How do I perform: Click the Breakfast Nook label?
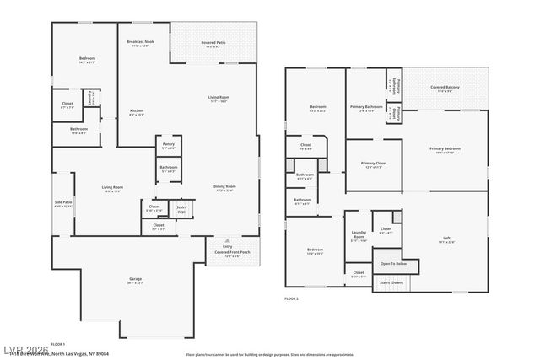[140, 43]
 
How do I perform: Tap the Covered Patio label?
[212, 43]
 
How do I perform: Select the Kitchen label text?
[137, 112]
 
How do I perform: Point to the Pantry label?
[169, 145]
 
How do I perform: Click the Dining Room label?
[224, 188]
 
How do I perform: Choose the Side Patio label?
[63, 203]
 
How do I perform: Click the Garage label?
[136, 280]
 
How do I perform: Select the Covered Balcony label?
[445, 88]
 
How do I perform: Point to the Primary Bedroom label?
[445, 150]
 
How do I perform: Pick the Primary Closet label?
[373, 164]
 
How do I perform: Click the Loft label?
[446, 239]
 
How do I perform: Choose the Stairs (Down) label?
[391, 282]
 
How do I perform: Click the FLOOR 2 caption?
[292, 298]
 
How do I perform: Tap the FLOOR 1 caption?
[57, 344]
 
